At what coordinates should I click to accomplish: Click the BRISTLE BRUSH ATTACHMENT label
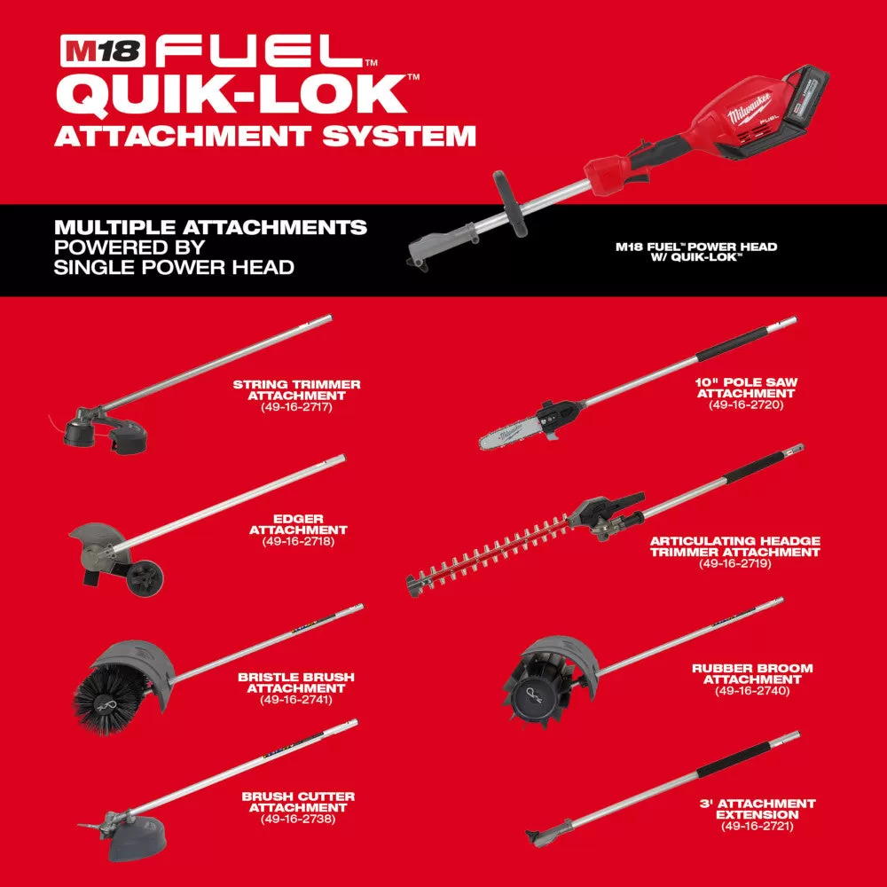(x=296, y=682)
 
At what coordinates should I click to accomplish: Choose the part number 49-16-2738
(x=296, y=820)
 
